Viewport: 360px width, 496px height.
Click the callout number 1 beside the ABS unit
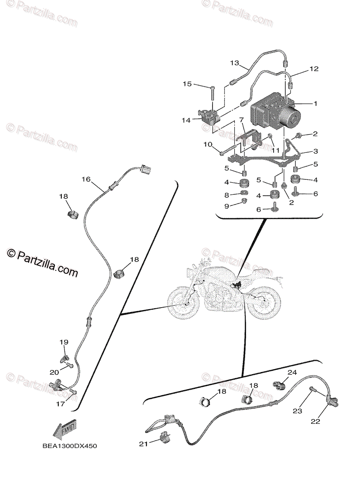click(315, 104)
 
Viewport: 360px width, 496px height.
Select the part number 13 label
click(235, 63)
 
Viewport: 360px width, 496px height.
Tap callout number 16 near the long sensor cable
click(86, 179)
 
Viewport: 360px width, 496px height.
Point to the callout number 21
click(143, 444)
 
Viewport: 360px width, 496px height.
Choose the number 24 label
click(292, 372)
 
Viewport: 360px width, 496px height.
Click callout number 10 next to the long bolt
click(207, 144)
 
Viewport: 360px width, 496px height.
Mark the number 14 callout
click(186, 120)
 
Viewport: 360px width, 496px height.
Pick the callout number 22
click(315, 422)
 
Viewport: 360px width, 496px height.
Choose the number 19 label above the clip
click(64, 342)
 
